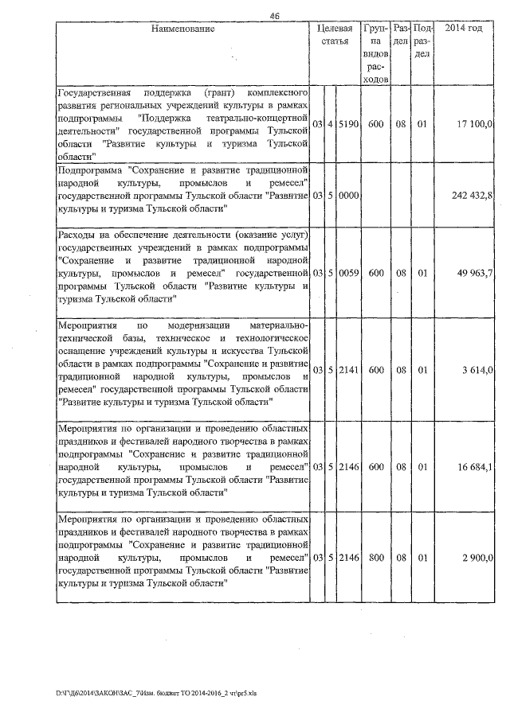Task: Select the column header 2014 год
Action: tap(463, 29)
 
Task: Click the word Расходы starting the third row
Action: tap(76, 235)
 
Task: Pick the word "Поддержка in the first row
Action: tap(166, 117)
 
